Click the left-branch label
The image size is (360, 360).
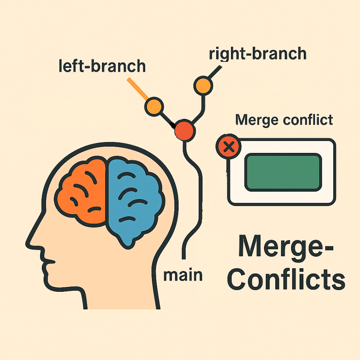tap(102, 66)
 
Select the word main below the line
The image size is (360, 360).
tap(183, 275)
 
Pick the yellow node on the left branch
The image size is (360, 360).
tap(154, 106)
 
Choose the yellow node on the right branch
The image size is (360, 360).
tap(202, 85)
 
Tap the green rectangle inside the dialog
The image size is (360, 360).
tap(283, 172)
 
